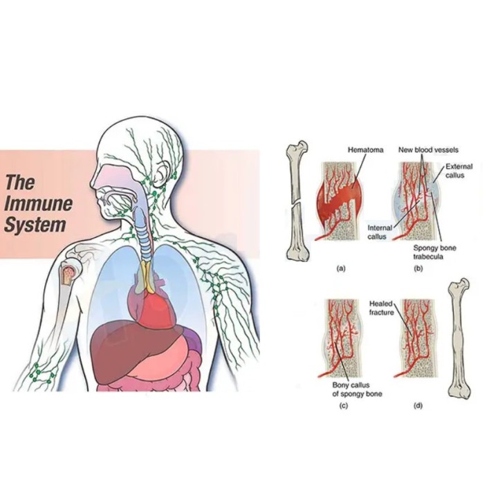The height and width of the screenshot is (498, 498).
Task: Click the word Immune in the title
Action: coord(38,204)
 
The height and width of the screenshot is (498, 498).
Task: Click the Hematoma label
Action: coord(366,149)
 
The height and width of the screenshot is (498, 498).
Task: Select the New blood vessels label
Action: coord(428,149)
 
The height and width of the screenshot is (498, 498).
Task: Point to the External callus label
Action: coord(459,171)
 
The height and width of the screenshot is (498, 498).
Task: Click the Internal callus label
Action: coord(380,232)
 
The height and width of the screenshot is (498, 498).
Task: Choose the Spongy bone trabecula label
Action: coord(434,252)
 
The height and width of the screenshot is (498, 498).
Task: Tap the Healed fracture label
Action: coord(381,308)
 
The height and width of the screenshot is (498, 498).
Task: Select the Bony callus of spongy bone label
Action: coord(357,389)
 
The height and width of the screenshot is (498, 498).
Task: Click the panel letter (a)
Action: coord(341,268)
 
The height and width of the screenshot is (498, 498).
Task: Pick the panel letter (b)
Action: coord(418,268)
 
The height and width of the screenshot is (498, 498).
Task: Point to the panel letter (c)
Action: coord(343,406)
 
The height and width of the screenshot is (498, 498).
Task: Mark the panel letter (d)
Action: coord(418,406)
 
